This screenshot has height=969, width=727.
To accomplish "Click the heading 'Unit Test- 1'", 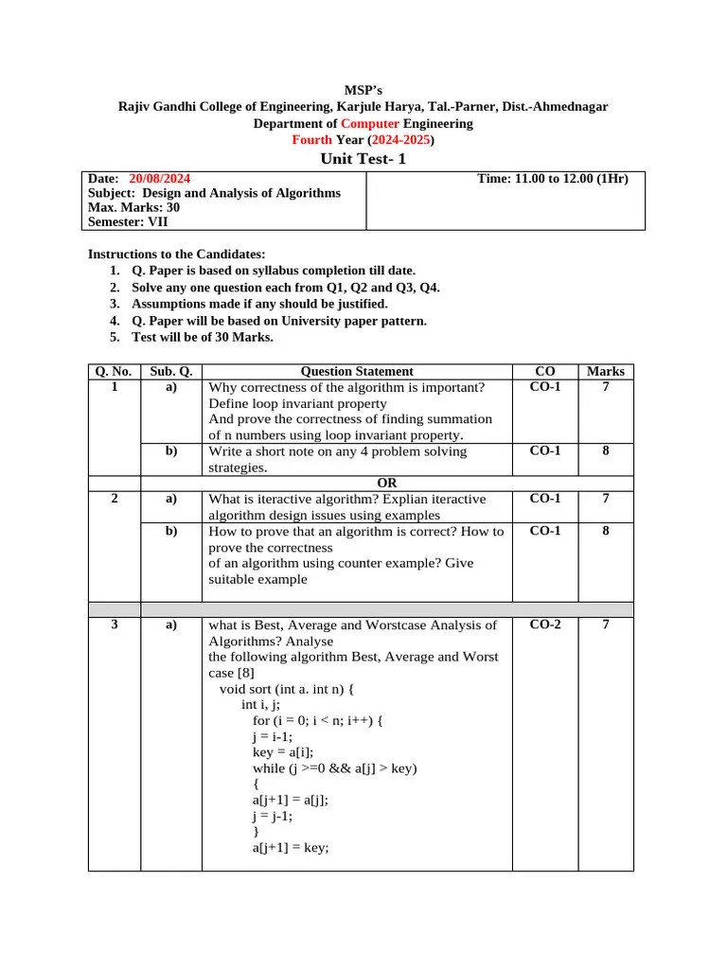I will coord(363,159).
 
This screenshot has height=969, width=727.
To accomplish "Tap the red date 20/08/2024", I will coord(159,178).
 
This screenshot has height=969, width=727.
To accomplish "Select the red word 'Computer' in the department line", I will coord(370,123).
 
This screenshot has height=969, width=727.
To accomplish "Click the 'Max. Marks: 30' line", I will coord(133,207).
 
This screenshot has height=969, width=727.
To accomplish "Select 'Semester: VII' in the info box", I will coord(127,222).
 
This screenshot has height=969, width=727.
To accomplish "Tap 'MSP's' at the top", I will coord(363,91).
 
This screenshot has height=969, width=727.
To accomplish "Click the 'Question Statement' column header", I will coord(357,372).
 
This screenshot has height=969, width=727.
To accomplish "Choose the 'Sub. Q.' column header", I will coord(171,372).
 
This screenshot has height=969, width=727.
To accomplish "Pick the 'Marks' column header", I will coord(606,372).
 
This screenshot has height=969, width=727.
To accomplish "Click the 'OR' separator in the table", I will coord(386,483).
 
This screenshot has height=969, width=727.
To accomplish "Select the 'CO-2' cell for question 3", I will coord(545,625).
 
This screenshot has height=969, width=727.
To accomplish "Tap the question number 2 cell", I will coord(115,499).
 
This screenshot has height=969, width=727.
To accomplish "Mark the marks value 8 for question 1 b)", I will coord(606,451).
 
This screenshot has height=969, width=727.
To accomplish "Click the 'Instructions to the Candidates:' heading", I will coord(177,255).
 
